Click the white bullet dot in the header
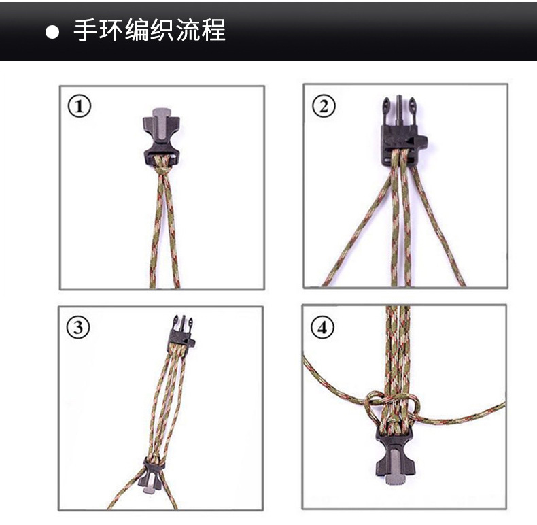52,32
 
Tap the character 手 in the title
86,31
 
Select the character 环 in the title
114,31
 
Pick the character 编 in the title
141,31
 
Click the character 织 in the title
169,31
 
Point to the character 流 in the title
197,31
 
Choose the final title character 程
225,31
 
